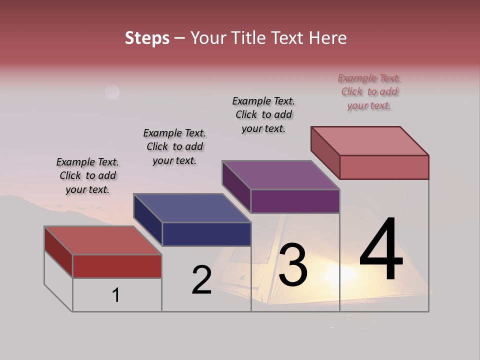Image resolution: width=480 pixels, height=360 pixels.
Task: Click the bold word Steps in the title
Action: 147,38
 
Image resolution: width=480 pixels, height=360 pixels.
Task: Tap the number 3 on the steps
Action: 293,264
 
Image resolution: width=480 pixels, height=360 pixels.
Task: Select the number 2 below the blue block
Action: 202,280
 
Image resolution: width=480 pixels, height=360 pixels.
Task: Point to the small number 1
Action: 116,295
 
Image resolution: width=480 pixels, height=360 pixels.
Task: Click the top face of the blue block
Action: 192,207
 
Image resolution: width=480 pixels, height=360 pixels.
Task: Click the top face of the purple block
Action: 281,175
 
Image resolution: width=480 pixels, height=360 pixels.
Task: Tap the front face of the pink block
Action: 384,167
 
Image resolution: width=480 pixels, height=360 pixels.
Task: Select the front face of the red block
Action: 117,266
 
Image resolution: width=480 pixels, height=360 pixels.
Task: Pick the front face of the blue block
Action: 206,234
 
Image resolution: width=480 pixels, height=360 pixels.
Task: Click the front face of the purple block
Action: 295,201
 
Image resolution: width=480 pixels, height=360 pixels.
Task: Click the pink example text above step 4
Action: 369,92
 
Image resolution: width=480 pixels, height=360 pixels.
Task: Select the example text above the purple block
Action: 263,114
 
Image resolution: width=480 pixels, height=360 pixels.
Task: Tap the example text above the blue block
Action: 174,146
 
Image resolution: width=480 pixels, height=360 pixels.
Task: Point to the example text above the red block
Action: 87,175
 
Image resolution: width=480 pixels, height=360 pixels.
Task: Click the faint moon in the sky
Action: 112,92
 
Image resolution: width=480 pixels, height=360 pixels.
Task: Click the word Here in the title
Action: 327,38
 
